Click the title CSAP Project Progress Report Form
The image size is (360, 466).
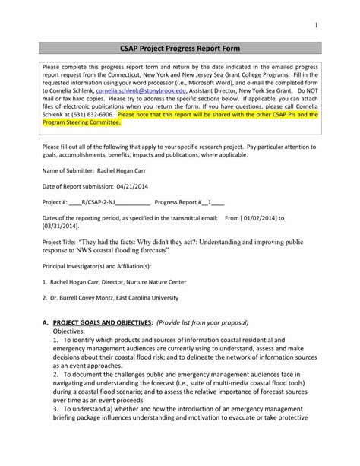point(179,47)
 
